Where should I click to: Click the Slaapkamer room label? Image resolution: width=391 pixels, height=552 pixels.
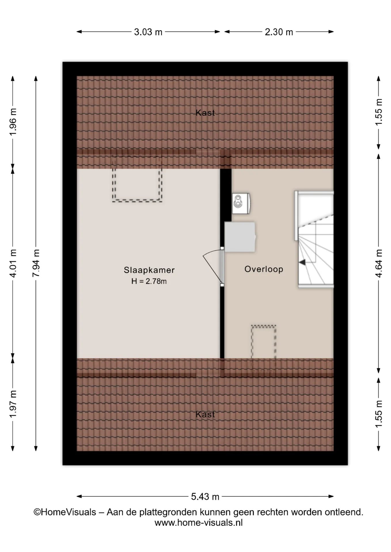[149, 270]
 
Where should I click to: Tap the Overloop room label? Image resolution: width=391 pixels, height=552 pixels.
[264, 269]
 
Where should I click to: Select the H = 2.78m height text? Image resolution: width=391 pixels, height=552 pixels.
[149, 281]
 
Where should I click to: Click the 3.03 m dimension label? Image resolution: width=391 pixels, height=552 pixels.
[148, 32]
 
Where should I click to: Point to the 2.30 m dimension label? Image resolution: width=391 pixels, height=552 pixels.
[279, 32]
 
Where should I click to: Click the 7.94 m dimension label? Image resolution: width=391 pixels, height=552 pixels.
[36, 263]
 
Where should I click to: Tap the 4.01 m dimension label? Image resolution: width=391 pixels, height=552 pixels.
[13, 263]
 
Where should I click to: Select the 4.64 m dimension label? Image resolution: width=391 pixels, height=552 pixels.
[379, 263]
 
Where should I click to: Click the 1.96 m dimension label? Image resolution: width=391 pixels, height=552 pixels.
[13, 121]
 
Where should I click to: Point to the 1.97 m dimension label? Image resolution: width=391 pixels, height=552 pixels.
[13, 404]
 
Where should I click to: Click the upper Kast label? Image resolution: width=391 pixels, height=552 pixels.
[205, 113]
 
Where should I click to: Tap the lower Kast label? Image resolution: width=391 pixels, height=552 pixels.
[205, 414]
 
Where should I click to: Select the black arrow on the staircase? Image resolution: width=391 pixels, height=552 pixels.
[302, 262]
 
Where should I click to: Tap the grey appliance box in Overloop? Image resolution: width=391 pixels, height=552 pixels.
[240, 237]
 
